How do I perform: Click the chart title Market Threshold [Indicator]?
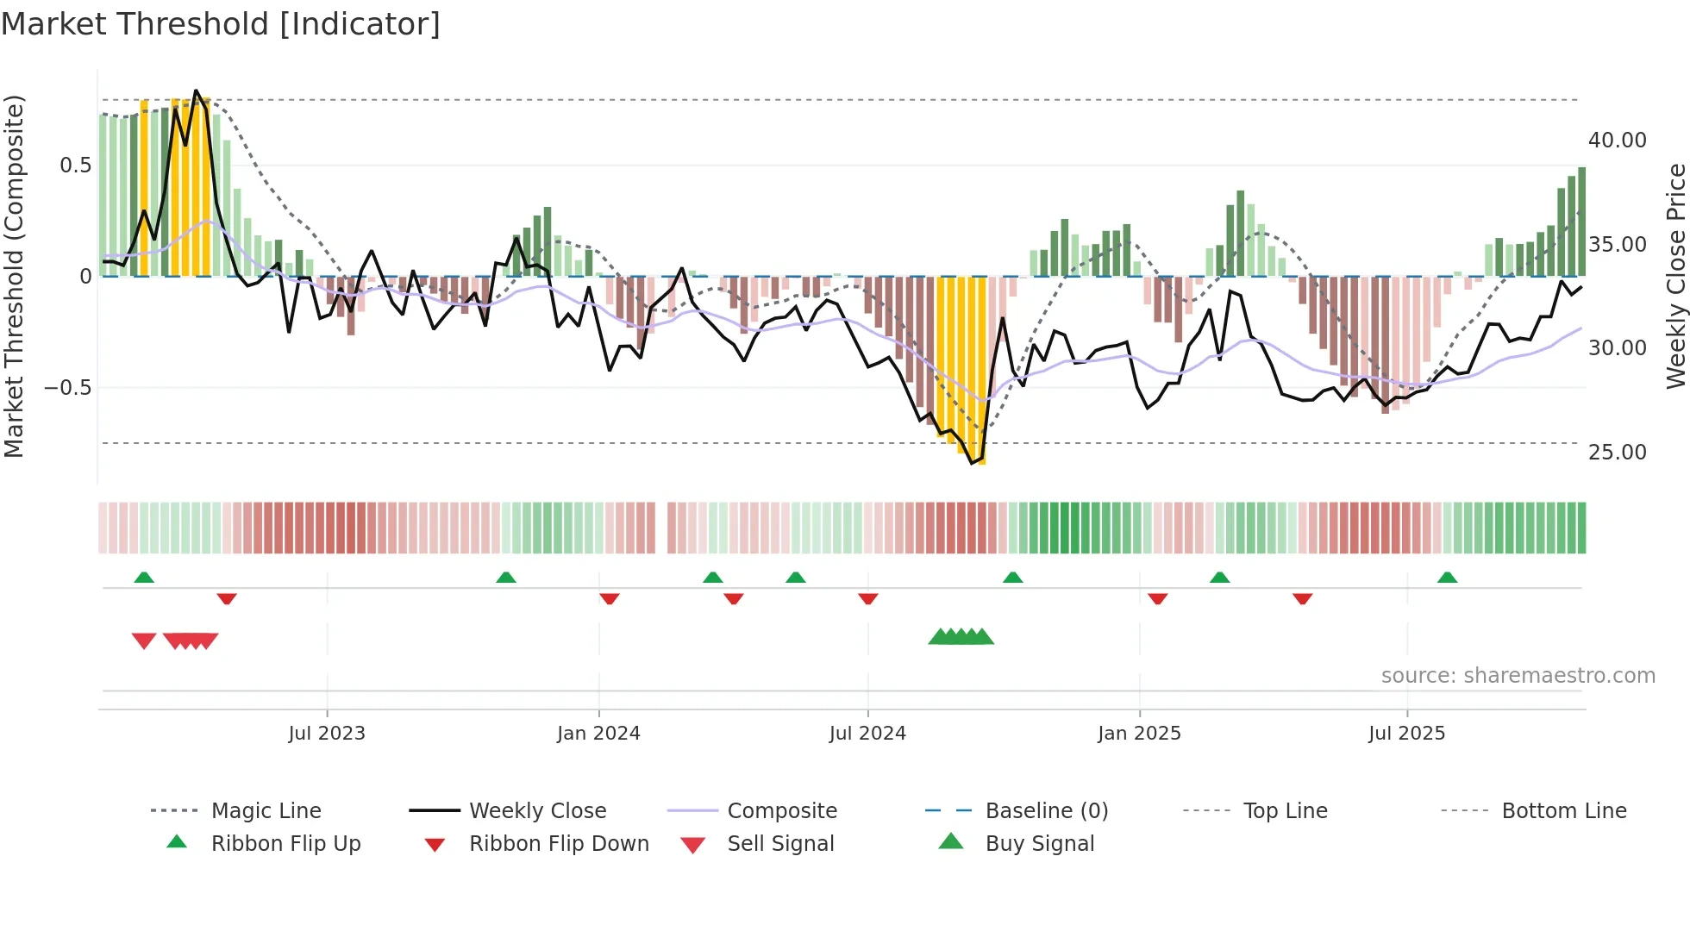[x=221, y=24]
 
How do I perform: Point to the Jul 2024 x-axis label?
[x=867, y=733]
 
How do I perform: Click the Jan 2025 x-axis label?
[x=1139, y=733]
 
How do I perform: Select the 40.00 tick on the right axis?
[x=1617, y=140]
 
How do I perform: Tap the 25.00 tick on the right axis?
[x=1617, y=452]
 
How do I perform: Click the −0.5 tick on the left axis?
[x=67, y=387]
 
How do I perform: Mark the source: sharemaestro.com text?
[x=1518, y=675]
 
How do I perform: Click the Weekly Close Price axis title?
[x=1675, y=276]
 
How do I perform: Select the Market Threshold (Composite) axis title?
[x=14, y=276]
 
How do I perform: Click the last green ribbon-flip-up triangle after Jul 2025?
[x=1447, y=578]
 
